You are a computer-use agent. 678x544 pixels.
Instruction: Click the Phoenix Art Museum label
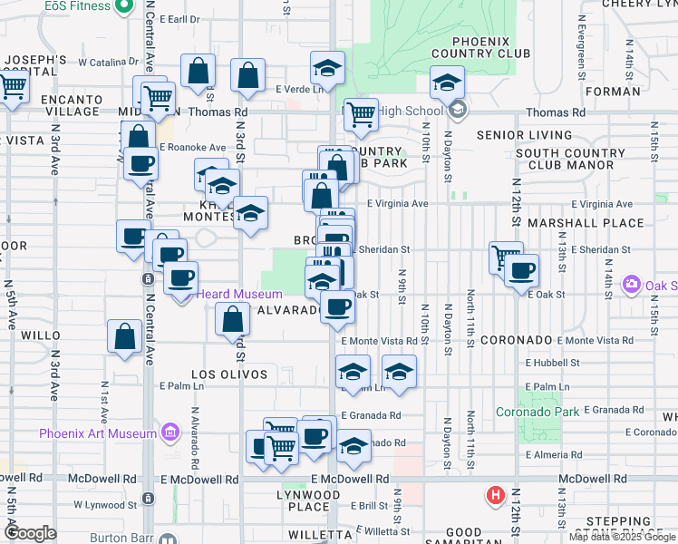point(98,433)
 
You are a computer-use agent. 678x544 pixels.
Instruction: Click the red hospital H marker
point(496,496)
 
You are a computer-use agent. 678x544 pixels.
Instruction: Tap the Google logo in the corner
point(30,534)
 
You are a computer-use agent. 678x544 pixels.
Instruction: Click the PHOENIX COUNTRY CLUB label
point(479,47)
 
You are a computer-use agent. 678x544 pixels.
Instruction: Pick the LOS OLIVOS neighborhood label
point(229,374)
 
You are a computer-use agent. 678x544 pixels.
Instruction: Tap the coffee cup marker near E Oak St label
point(521,269)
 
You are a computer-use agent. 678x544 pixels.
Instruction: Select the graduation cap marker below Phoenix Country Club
point(446,83)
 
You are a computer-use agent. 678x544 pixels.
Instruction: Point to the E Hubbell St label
point(553,362)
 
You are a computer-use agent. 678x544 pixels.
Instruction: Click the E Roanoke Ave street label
point(192,147)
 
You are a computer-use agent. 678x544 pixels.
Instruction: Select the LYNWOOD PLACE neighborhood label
point(307,500)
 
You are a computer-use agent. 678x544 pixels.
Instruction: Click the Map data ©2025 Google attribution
point(623,537)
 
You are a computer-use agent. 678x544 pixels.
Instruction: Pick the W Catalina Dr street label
point(108,63)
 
